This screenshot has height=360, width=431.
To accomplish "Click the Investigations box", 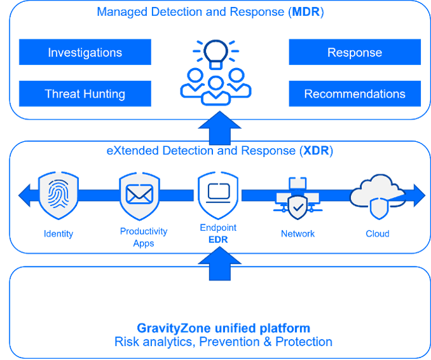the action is click(x=85, y=52).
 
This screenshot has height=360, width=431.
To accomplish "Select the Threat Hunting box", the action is click(x=85, y=93).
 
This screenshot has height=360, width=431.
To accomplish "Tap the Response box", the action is click(x=355, y=52).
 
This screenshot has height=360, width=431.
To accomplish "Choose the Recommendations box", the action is click(x=355, y=93).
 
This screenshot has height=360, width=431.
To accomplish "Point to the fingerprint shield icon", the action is click(x=58, y=195).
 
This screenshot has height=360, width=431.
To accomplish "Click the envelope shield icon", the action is click(x=139, y=196).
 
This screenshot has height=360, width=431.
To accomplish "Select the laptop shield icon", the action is click(x=218, y=195).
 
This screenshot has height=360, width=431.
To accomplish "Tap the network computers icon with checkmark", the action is click(x=298, y=198).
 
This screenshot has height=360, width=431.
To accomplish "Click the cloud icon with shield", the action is click(x=378, y=197).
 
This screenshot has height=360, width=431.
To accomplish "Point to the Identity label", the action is click(x=58, y=234).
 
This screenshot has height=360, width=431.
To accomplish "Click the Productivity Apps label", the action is click(x=144, y=237).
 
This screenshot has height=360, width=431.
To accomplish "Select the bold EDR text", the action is click(x=218, y=240).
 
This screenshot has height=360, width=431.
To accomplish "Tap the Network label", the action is click(x=298, y=234).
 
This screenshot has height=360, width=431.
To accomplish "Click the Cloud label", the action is click(x=378, y=234).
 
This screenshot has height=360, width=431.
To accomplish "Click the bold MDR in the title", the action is click(x=306, y=12).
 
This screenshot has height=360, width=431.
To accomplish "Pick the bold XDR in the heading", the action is click(x=315, y=151).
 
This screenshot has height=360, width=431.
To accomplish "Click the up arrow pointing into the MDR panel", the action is click(x=219, y=128).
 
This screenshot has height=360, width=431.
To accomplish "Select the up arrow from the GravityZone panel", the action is click(x=219, y=263).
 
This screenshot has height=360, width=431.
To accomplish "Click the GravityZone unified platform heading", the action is click(x=224, y=328).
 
